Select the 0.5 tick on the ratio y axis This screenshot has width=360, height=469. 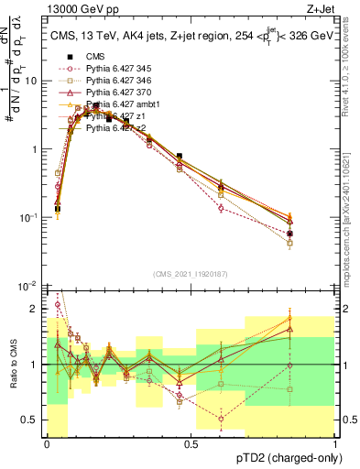pos(32,420)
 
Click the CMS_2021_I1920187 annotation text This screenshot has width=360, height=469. pos(191,273)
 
